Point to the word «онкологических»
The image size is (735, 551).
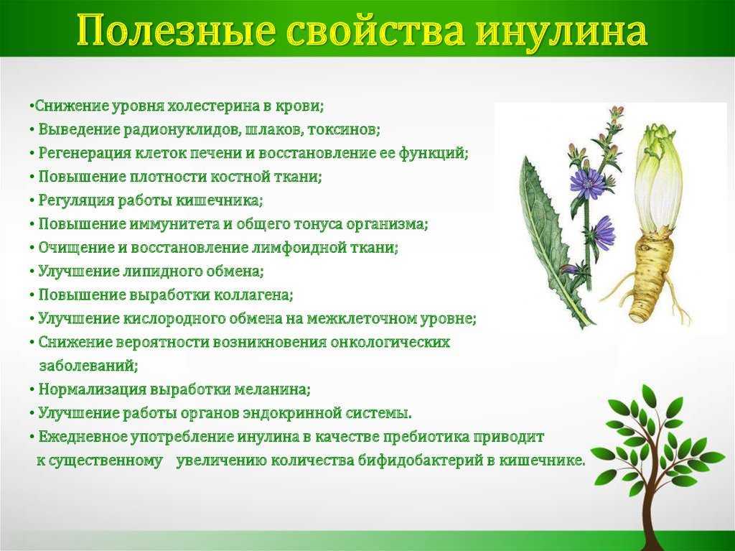(x=390, y=343)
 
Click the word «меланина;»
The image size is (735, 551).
(x=272, y=390)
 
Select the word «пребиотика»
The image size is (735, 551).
(x=426, y=437)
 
